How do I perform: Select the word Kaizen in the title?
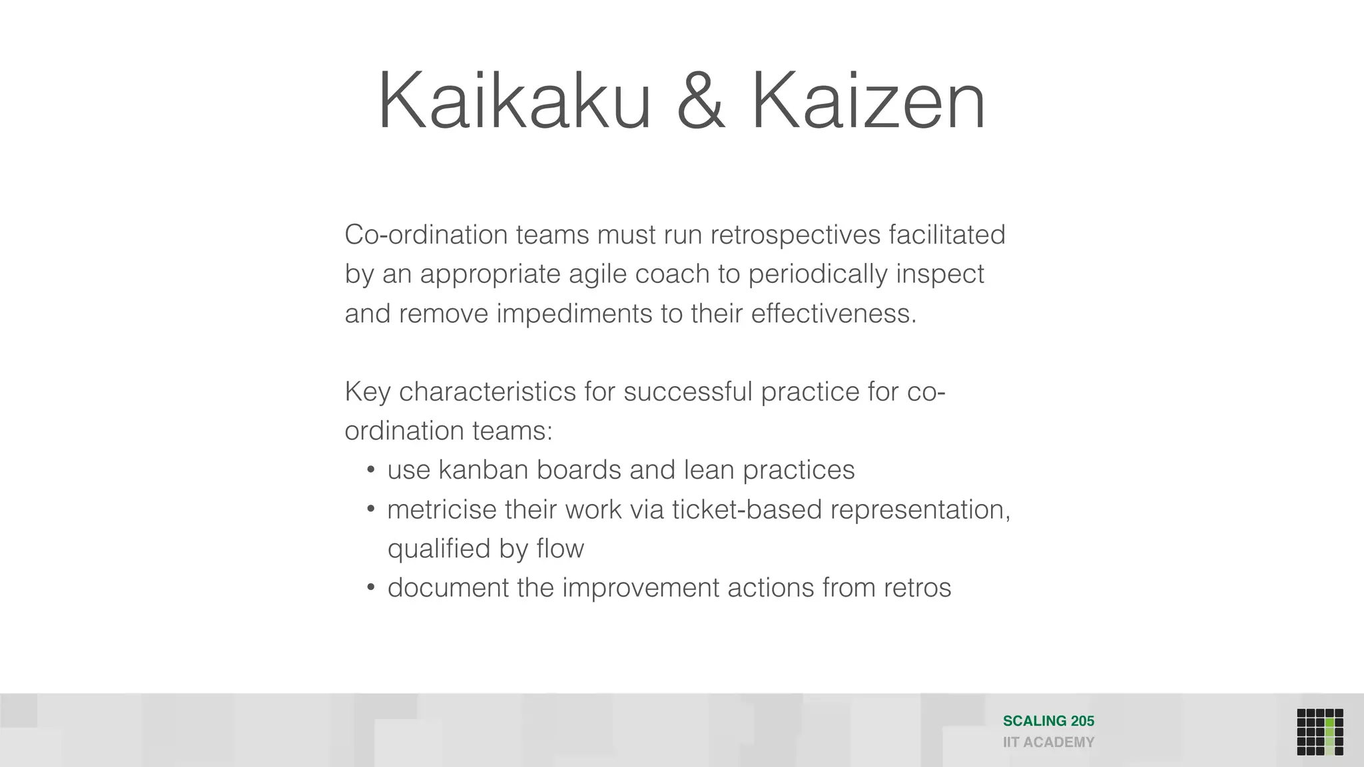[868, 101]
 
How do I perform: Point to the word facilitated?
[946, 234]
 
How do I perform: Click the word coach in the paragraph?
[672, 274]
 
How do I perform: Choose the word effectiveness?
[834, 314]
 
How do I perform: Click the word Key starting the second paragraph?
[367, 392]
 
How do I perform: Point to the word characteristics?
[488, 391]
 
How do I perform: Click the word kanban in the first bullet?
[484, 470]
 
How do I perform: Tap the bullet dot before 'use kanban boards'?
[371, 470]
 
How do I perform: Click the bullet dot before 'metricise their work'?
[371, 509]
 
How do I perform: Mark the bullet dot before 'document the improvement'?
[371, 588]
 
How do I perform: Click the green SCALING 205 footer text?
[1048, 721]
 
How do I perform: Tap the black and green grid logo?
[1319, 732]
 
